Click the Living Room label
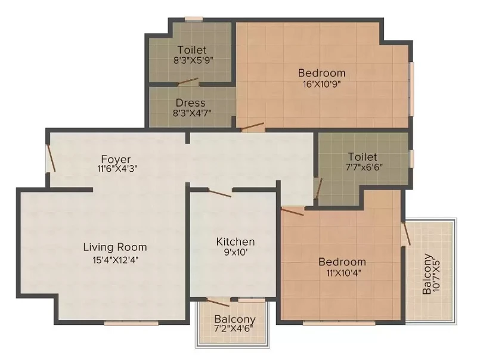115,247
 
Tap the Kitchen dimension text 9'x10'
236,252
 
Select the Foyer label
116,159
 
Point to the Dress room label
190,103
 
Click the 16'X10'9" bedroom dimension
321,84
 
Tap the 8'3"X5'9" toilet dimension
193,60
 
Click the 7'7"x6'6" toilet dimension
364,167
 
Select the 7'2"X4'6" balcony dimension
234,328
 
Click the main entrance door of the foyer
51,158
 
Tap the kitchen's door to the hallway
219,193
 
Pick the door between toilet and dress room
188,82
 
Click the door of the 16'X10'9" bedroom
253,127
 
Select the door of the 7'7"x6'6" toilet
318,188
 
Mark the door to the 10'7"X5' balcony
406,234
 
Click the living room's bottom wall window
131,323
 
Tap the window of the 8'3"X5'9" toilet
194,19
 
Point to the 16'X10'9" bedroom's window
411,89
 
